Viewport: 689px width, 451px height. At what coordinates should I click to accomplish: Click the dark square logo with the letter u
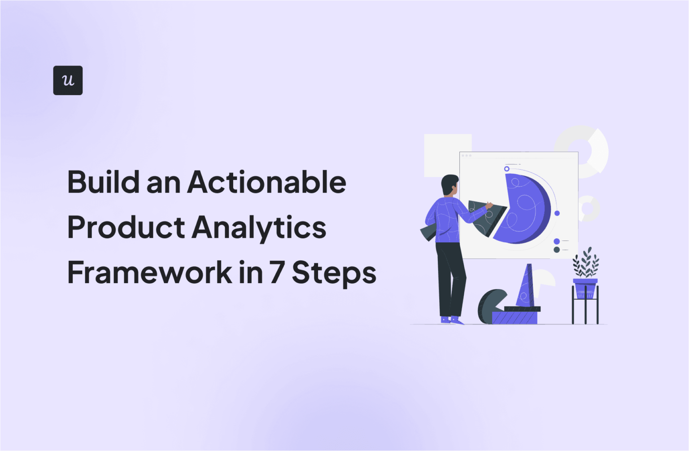tap(68, 80)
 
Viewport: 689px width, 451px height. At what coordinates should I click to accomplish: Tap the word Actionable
tap(267, 182)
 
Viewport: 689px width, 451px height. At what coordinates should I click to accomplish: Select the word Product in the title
tap(126, 228)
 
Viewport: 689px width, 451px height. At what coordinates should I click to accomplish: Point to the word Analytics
tap(259, 228)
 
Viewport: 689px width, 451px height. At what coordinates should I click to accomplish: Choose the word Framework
tap(149, 273)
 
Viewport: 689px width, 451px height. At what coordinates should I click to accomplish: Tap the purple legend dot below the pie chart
tap(557, 241)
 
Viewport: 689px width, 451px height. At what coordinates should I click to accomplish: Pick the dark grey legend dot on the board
tap(557, 250)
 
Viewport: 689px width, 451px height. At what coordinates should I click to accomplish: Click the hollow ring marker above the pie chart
tap(506, 169)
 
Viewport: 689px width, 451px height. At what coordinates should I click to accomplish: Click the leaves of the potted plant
tap(586, 265)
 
